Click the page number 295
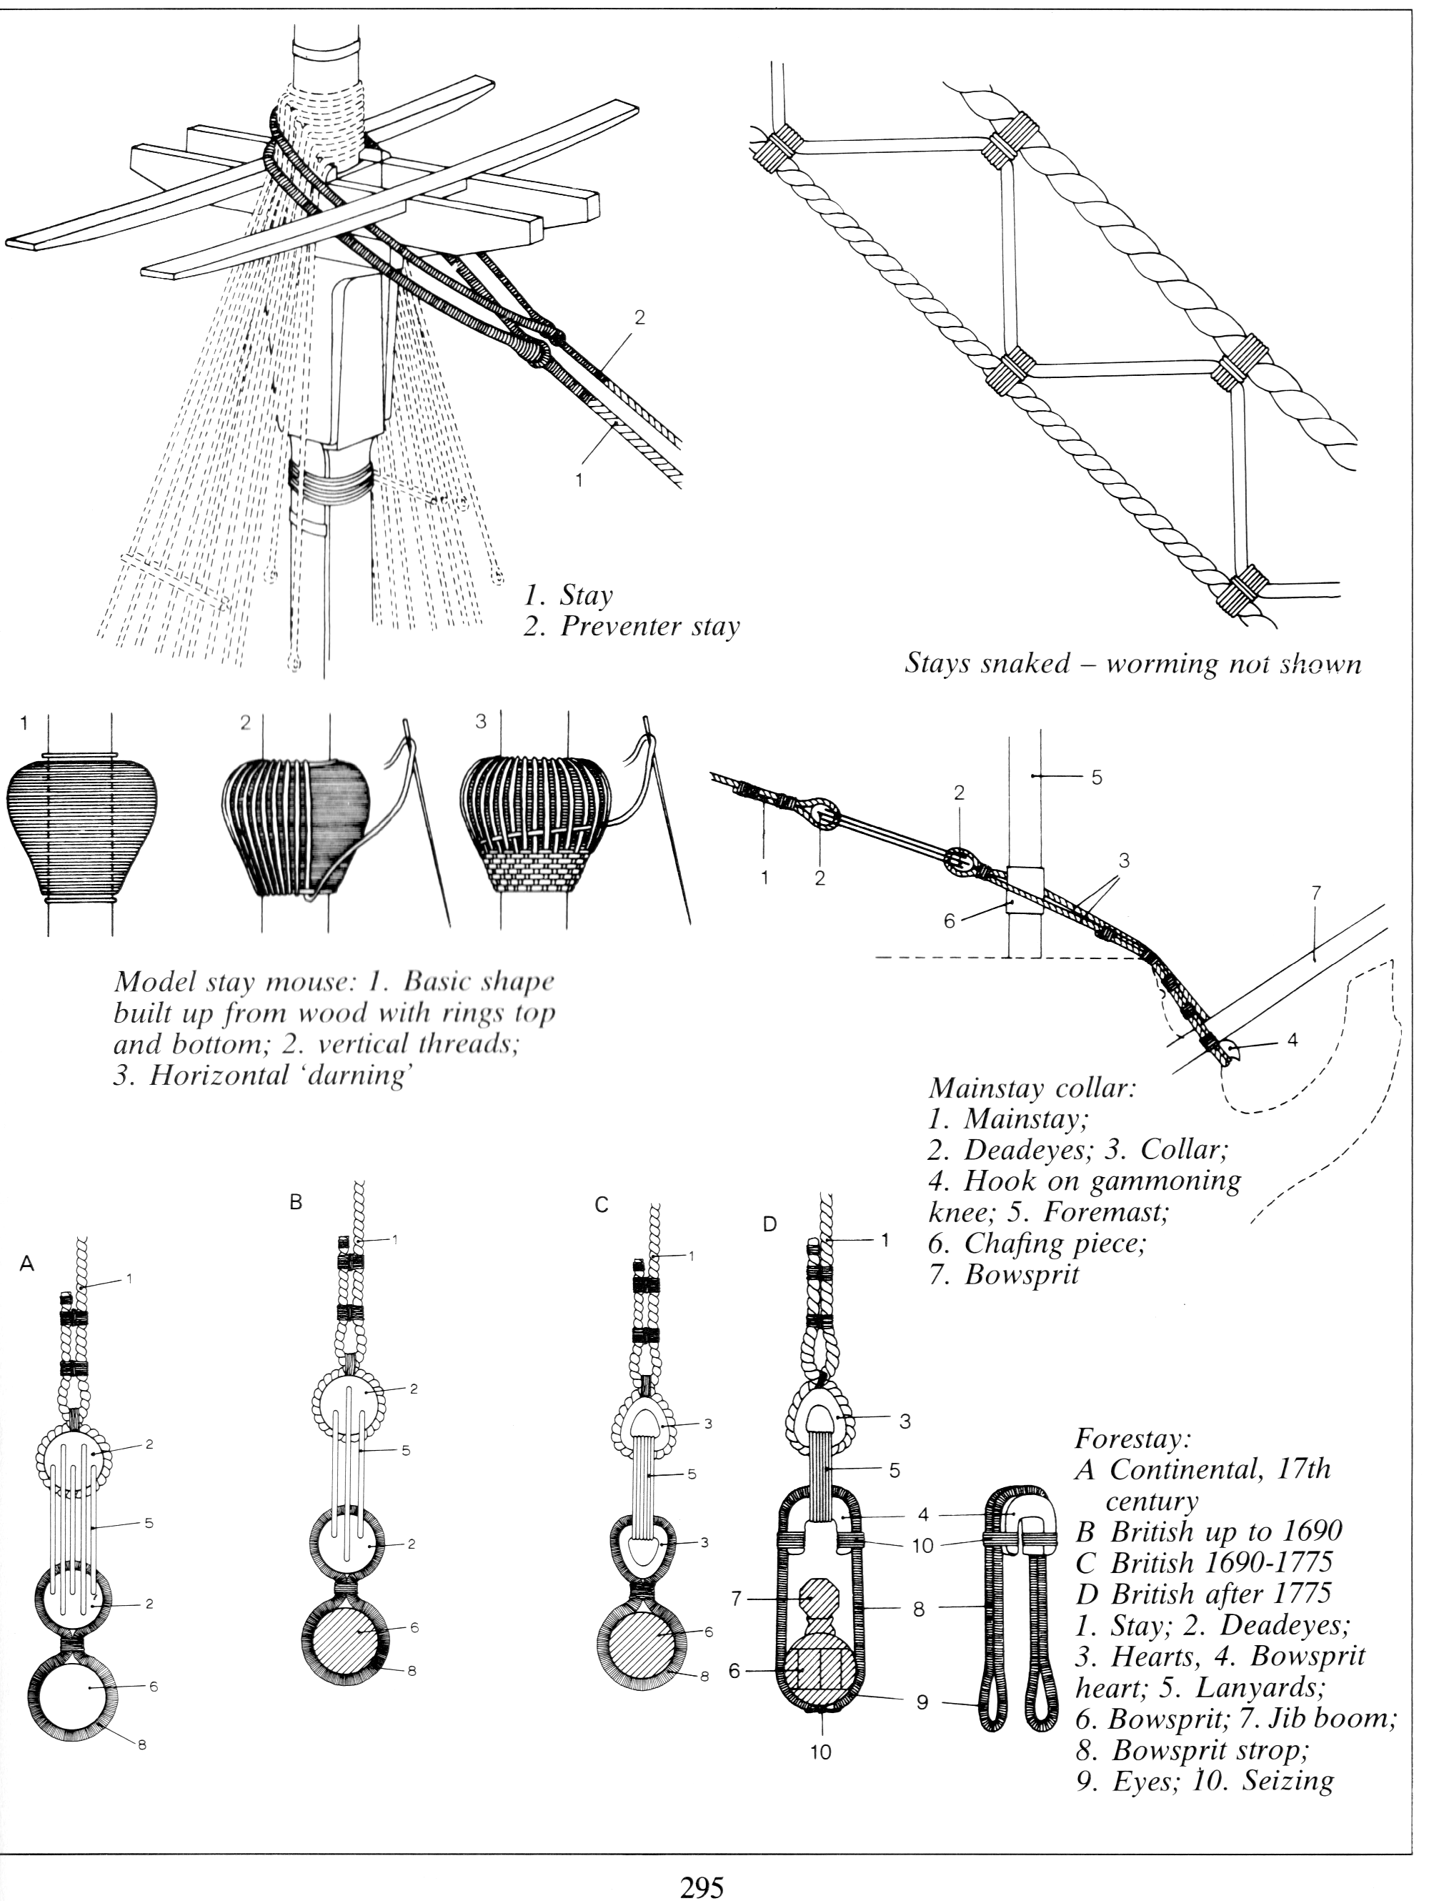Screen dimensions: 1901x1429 702,1887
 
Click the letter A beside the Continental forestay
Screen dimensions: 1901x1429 26,1264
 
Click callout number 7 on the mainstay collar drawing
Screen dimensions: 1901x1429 1315,895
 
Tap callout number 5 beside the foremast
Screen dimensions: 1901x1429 1097,777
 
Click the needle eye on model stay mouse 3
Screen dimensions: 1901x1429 649,739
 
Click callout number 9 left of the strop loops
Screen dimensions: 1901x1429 921,1702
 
